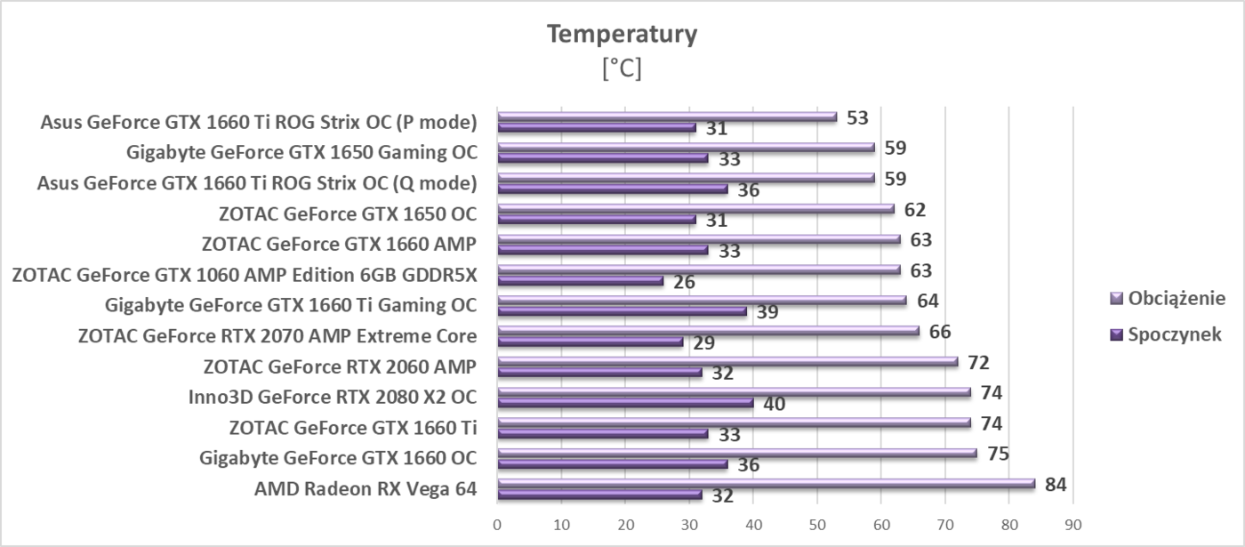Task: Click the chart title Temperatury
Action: click(x=622, y=35)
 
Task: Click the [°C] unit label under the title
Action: click(x=622, y=68)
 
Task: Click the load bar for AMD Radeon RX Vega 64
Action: click(x=765, y=484)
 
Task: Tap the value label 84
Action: click(x=1056, y=485)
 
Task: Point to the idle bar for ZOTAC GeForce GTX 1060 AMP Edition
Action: click(x=580, y=281)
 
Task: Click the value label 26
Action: click(x=684, y=282)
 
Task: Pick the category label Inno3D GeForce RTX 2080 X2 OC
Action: click(x=332, y=397)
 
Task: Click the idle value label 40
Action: click(x=774, y=404)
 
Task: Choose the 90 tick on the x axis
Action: click(x=1073, y=524)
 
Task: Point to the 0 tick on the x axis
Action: click(x=497, y=524)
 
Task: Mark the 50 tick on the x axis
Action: click(x=817, y=524)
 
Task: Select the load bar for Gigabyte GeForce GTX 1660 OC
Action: click(x=736, y=453)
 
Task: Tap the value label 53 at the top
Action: click(x=857, y=117)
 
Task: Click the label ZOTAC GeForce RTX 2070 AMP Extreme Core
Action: click(x=277, y=336)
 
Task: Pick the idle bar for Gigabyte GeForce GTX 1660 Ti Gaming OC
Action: click(x=622, y=311)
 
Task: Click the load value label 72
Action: click(x=979, y=363)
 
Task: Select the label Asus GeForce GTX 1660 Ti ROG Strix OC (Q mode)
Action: click(x=257, y=183)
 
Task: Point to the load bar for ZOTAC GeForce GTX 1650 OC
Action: click(x=695, y=208)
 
